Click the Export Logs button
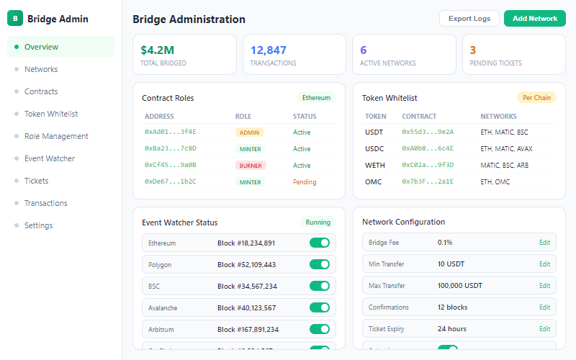(469, 19)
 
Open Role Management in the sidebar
(56, 136)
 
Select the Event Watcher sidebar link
(49, 158)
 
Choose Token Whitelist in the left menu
(50, 114)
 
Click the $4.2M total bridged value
(157, 50)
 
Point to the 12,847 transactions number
(268, 50)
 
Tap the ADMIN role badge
(249, 132)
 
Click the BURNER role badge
(251, 166)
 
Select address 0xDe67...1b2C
(170, 182)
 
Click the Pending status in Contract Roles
(305, 182)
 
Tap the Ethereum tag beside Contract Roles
(316, 98)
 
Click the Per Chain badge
(536, 98)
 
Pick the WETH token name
(375, 166)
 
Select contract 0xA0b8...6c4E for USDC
(428, 149)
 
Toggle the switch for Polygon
(319, 264)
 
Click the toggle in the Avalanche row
(319, 307)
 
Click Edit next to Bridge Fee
(544, 243)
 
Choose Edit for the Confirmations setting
(544, 307)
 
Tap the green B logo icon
(15, 19)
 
